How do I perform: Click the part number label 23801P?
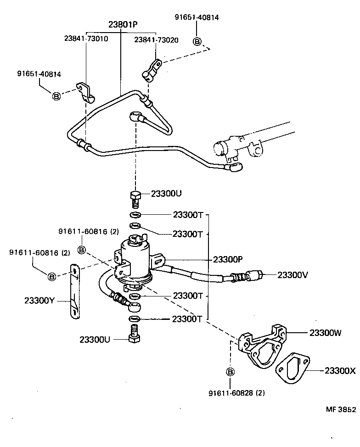tap(123, 24)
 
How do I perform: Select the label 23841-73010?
tap(86, 39)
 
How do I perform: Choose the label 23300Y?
tap(39, 301)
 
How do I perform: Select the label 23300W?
tap(325, 333)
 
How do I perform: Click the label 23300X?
tap(340, 370)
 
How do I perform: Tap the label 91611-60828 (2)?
tap(236, 393)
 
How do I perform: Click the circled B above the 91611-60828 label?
tap(231, 371)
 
